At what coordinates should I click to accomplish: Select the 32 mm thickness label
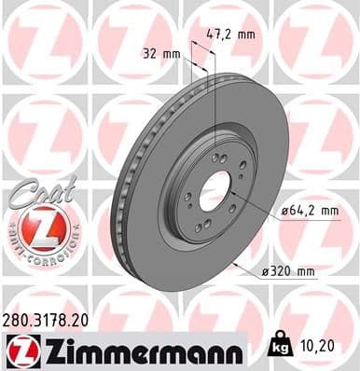[x=161, y=54]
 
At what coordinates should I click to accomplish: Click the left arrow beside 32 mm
[x=186, y=59]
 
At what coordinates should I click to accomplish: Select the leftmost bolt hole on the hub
[x=188, y=195]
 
